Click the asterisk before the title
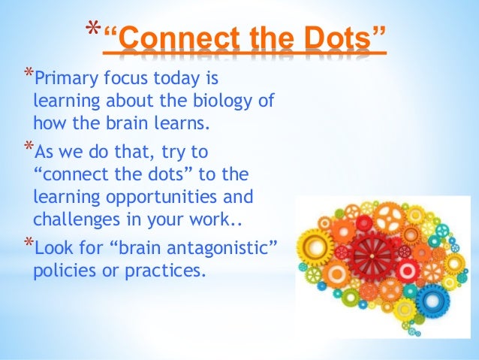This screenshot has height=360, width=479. pyautogui.click(x=92, y=30)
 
